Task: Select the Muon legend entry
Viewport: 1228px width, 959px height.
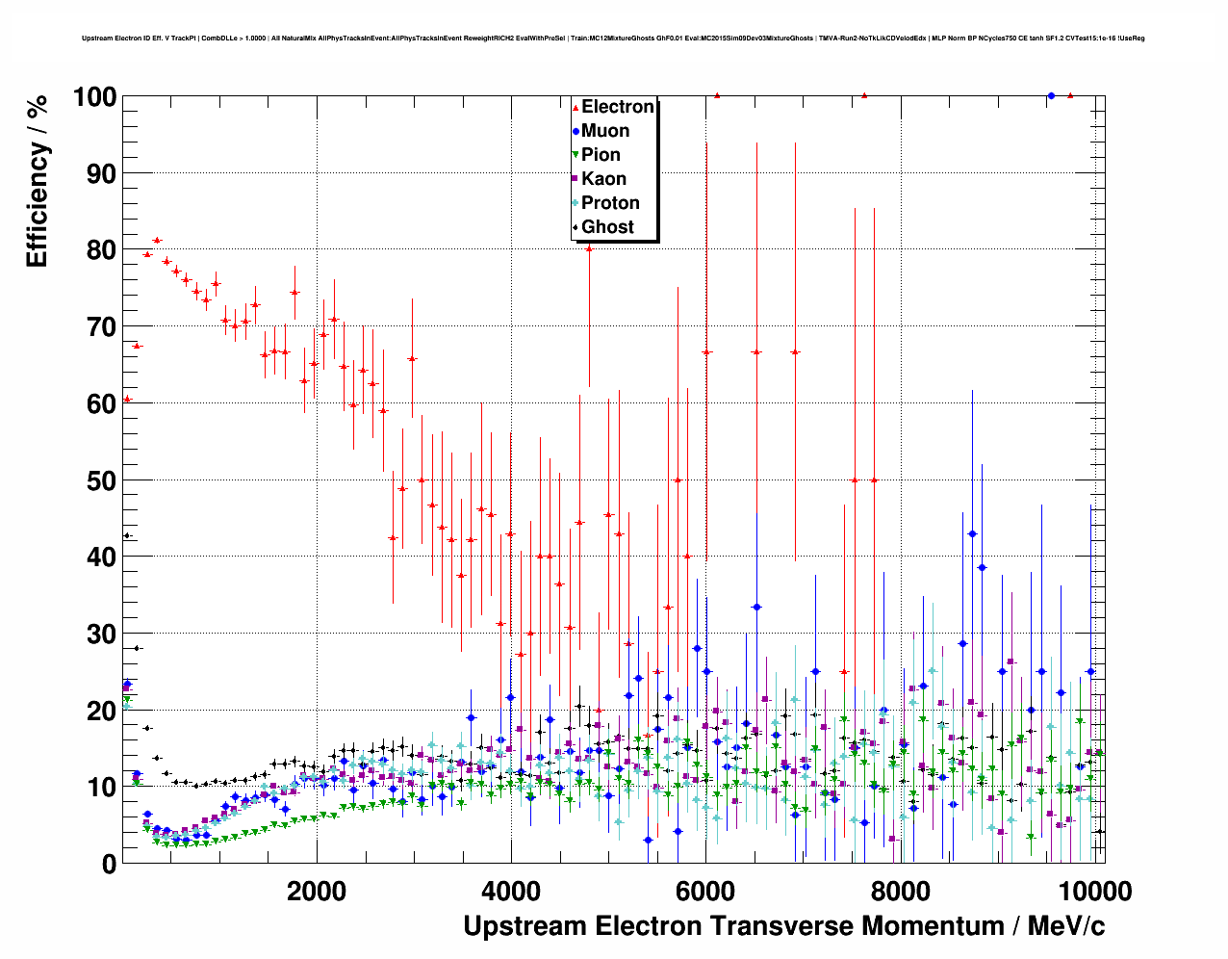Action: tap(604, 131)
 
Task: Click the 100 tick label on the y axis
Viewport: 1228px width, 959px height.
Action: tap(94, 97)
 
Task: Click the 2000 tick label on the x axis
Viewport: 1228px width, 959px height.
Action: tap(317, 891)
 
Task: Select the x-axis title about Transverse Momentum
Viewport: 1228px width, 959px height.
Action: tap(783, 926)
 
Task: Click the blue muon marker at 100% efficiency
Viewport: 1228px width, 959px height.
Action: tap(1051, 96)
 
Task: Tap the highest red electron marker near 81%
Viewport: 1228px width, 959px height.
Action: tap(157, 240)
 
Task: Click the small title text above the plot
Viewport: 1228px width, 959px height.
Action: tap(613, 39)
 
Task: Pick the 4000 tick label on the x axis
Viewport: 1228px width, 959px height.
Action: tap(511, 891)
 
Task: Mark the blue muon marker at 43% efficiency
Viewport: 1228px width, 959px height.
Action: tap(972, 533)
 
